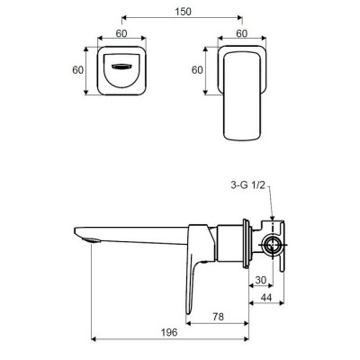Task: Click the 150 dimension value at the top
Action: pos(183,12)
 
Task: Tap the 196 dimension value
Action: pos(169,332)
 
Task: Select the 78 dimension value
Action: pos(218,317)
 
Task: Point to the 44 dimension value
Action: pos(266,297)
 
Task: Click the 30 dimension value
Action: pos(261,280)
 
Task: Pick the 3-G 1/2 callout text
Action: pos(248,185)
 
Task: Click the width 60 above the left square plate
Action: pos(121,33)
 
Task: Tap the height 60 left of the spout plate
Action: pos(78,70)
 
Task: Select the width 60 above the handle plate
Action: pos(242,33)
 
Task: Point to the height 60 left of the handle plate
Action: pos(197,70)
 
